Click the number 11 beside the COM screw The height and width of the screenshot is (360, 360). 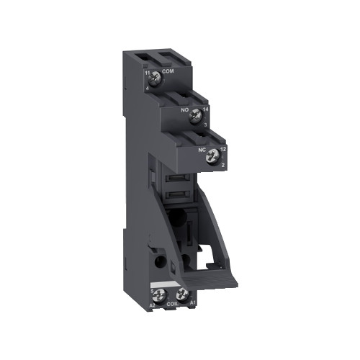tap(148, 73)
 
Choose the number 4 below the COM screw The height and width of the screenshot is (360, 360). tap(149, 88)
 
